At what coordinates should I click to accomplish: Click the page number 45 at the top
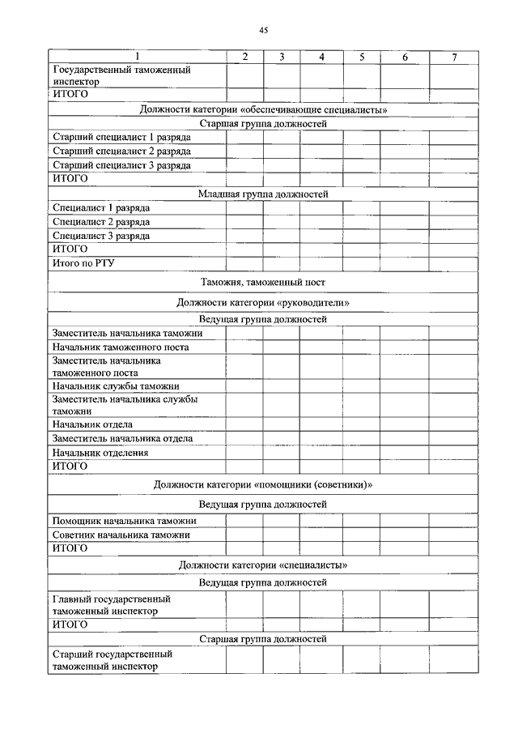pyautogui.click(x=263, y=30)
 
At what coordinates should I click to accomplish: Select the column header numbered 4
pyautogui.click(x=321, y=57)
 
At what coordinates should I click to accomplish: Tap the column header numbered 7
pyautogui.click(x=454, y=57)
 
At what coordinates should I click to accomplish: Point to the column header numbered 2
pyautogui.click(x=244, y=57)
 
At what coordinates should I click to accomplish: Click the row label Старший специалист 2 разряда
pyautogui.click(x=121, y=151)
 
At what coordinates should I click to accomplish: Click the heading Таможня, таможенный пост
pyautogui.click(x=262, y=283)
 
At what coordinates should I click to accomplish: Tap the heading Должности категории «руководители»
pyautogui.click(x=262, y=302)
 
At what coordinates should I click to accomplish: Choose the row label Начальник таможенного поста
pyautogui.click(x=121, y=347)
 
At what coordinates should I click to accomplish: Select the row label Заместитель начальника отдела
pyautogui.click(x=122, y=438)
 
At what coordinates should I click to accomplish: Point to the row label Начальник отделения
pyautogui.click(x=100, y=453)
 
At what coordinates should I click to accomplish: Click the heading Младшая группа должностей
pyautogui.click(x=262, y=194)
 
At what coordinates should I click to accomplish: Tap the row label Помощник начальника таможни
pyautogui.click(x=125, y=521)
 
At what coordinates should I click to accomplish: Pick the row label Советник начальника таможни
pyautogui.click(x=121, y=535)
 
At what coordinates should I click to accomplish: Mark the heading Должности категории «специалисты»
pyautogui.click(x=262, y=565)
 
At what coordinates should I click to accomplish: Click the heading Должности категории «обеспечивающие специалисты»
pyautogui.click(x=262, y=109)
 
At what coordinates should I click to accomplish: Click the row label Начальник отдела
pyautogui.click(x=92, y=424)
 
